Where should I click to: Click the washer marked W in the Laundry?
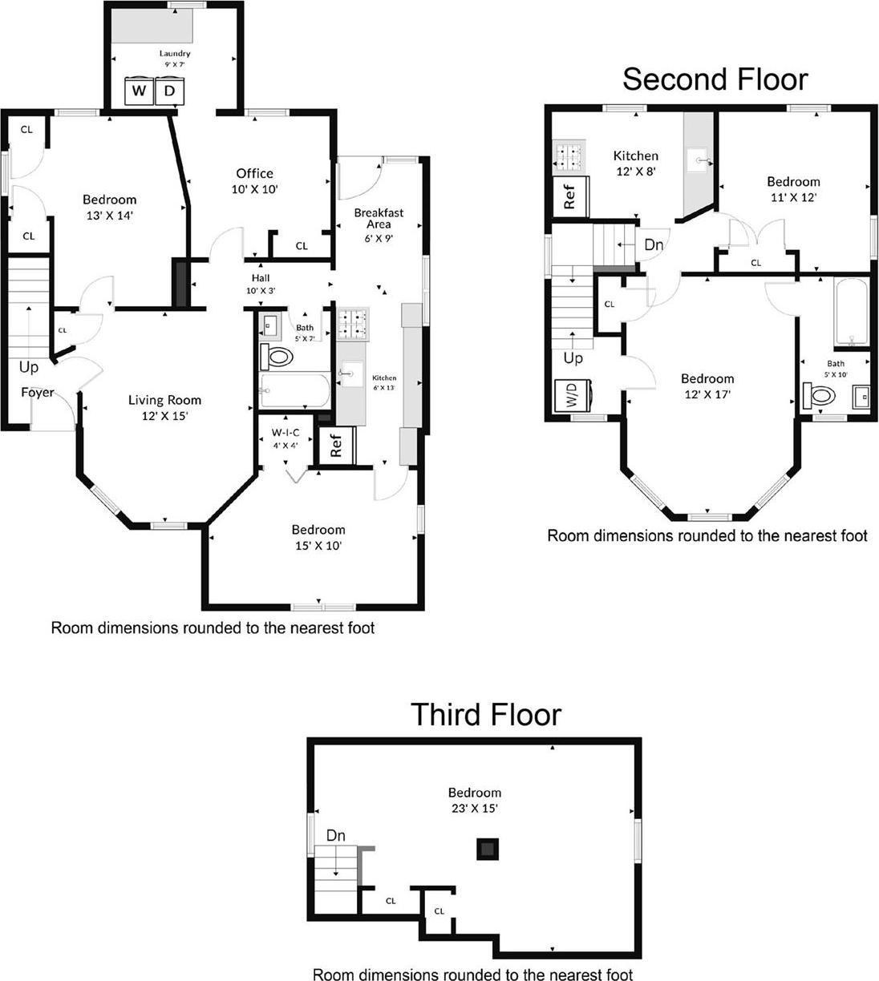pyautogui.click(x=139, y=91)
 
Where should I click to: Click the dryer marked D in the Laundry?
pyautogui.click(x=169, y=91)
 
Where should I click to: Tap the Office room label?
pyautogui.click(x=254, y=173)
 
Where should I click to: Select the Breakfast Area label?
pyautogui.click(x=379, y=219)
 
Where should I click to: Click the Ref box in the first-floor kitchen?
pyautogui.click(x=335, y=445)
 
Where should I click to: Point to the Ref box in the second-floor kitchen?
pyautogui.click(x=569, y=196)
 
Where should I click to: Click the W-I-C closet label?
pyautogui.click(x=284, y=433)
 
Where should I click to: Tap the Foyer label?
pyautogui.click(x=37, y=392)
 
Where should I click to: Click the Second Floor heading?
pyautogui.click(x=715, y=79)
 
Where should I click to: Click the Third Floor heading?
pyautogui.click(x=485, y=714)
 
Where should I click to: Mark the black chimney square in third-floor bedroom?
pyautogui.click(x=487, y=849)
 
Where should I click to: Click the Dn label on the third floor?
pyautogui.click(x=335, y=836)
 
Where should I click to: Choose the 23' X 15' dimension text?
pyautogui.click(x=475, y=808)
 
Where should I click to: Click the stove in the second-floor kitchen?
pyautogui.click(x=569, y=156)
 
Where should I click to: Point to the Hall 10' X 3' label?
pyautogui.click(x=259, y=284)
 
